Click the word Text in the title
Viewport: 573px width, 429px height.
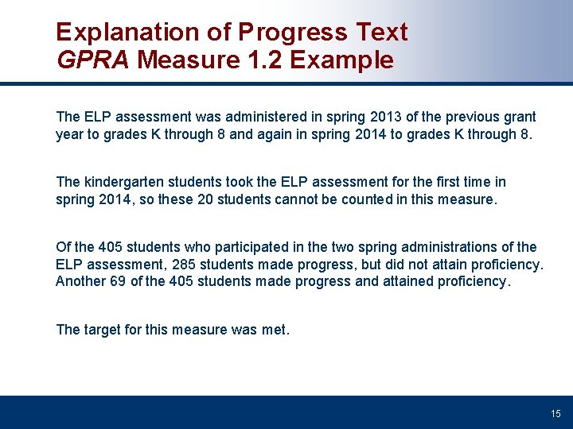point(380,33)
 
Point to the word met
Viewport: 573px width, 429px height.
point(275,330)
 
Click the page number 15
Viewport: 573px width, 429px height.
point(555,413)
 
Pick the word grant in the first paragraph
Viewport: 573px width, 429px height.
point(519,117)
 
